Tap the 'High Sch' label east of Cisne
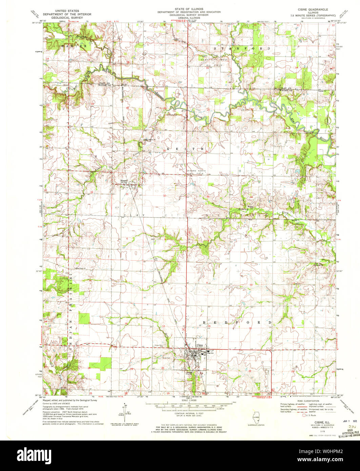tap(212, 353)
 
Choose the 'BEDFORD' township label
tap(237, 322)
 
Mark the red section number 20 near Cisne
tap(163, 368)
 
